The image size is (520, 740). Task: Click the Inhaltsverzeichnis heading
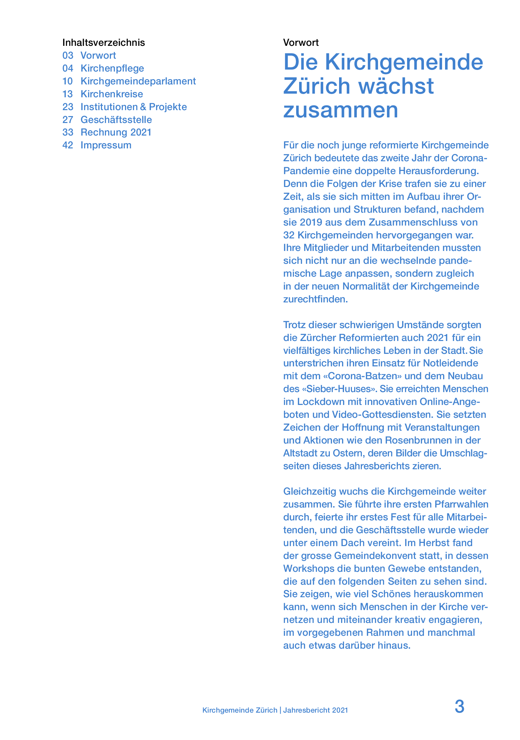103,43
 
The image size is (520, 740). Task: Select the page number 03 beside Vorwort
68,55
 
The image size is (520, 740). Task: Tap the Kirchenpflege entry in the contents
112,68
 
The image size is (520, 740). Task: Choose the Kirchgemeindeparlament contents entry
138,81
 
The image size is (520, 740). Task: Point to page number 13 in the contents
68,94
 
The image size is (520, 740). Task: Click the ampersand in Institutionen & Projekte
143,107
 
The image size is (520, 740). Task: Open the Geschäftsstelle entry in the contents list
116,120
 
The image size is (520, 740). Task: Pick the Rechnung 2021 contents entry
116,132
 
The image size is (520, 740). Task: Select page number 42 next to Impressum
68,145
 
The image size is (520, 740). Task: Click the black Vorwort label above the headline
301,43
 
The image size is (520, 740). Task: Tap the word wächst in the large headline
396,86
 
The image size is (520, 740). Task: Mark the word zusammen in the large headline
340,110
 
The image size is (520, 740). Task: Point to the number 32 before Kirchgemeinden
289,235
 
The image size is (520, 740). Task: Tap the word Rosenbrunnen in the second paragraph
419,440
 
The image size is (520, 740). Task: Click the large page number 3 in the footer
459,707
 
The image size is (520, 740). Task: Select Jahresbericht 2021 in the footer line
315,710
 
